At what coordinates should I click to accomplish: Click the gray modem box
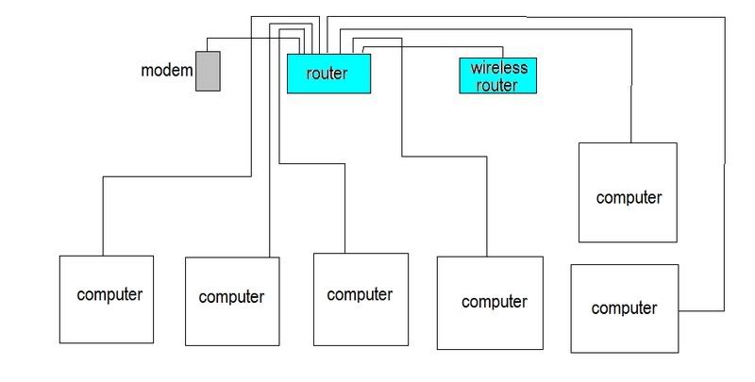pyautogui.click(x=208, y=71)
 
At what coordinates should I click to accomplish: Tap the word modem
pyautogui.click(x=167, y=71)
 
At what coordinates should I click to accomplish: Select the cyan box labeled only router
pyautogui.click(x=328, y=73)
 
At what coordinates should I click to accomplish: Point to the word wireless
pyautogui.click(x=498, y=68)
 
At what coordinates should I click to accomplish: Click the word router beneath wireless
pyautogui.click(x=497, y=85)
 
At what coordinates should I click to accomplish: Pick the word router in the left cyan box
pyautogui.click(x=327, y=73)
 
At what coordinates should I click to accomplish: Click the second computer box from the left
pyautogui.click(x=232, y=301)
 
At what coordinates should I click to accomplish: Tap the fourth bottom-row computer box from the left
pyautogui.click(x=487, y=305)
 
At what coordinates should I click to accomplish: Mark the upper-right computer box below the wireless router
pyautogui.click(x=628, y=192)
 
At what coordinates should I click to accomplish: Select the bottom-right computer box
pyautogui.click(x=625, y=308)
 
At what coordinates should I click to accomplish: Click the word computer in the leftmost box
pyautogui.click(x=109, y=294)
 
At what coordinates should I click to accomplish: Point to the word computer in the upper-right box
pyautogui.click(x=629, y=198)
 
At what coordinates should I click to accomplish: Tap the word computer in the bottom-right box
pyautogui.click(x=624, y=308)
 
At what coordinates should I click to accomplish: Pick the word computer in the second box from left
pyautogui.click(x=232, y=297)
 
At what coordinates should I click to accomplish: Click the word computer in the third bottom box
pyautogui.click(x=360, y=294)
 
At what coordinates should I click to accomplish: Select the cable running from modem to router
pyautogui.click(x=255, y=39)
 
